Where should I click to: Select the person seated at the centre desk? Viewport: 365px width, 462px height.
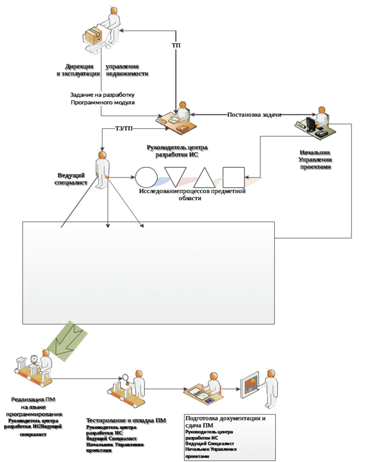click(182, 111)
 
